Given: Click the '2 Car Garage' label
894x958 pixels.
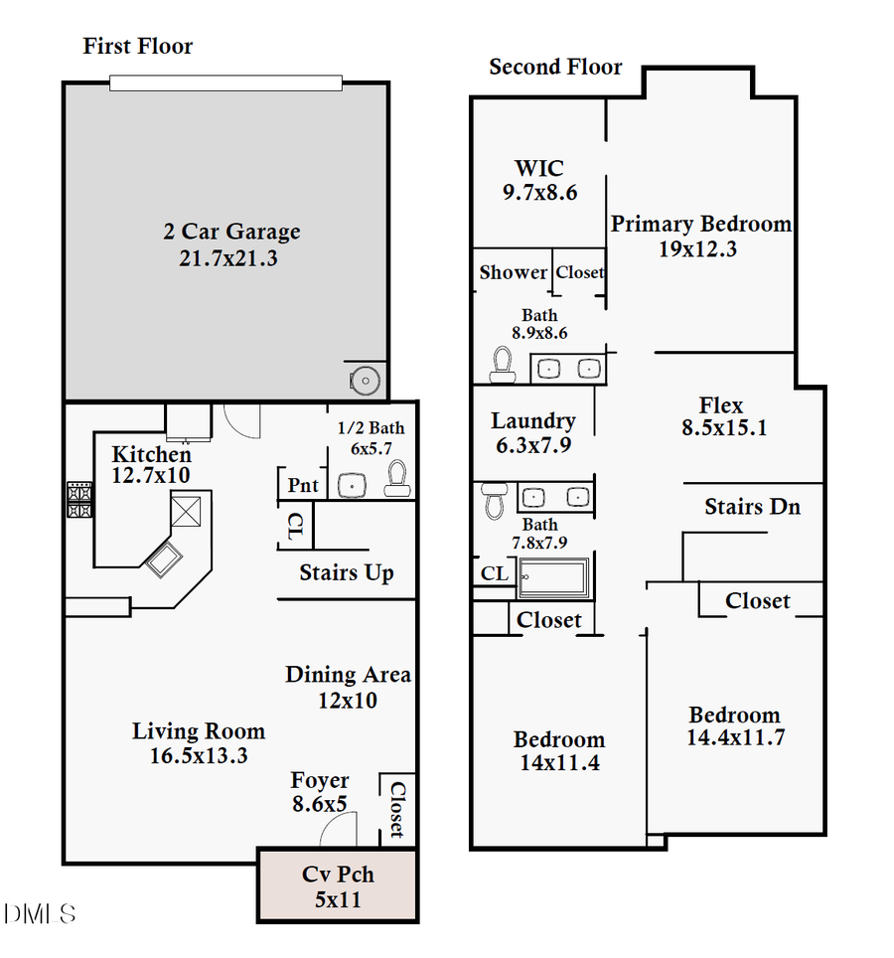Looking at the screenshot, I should click(231, 232).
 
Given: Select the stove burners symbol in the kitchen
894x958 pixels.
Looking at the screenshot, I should click(79, 500).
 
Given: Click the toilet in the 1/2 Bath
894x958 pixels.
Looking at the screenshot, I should click(396, 478).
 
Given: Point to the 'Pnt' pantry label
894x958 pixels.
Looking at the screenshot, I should click(303, 485).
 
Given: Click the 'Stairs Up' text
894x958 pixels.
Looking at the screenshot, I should click(346, 572).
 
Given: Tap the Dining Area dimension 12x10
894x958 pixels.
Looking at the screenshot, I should click(348, 700).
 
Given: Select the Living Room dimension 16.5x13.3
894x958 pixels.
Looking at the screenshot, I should click(198, 755).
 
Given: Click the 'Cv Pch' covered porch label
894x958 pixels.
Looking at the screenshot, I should click(338, 875).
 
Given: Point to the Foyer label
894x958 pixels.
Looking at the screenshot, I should click(320, 781).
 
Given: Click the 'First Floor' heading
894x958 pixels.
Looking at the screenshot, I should click(137, 46).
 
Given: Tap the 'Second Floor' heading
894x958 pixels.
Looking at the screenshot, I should click(555, 67).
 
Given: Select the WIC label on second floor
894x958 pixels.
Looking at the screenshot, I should click(539, 168).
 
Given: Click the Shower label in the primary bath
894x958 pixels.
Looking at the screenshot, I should click(513, 272).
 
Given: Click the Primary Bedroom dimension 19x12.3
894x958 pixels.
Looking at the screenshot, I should click(697, 248).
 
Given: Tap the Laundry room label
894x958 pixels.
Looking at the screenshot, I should click(533, 421).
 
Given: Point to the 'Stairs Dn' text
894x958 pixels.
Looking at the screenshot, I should click(752, 507).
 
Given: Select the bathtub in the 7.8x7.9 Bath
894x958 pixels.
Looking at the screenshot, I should click(553, 578).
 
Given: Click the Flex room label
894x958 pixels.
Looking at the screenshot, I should click(721, 405).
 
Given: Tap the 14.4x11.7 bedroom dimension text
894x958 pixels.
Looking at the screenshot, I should click(735, 738).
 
